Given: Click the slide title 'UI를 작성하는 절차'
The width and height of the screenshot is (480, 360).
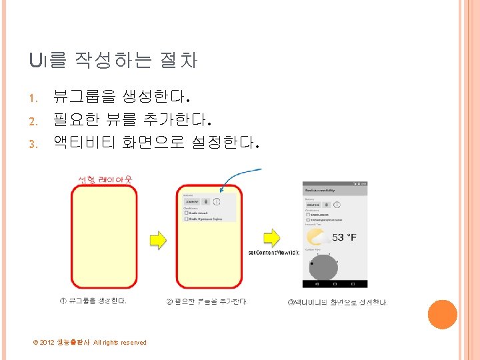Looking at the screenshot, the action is [x=113, y=61].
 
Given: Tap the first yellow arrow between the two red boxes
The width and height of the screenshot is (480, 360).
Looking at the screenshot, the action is [x=157, y=239].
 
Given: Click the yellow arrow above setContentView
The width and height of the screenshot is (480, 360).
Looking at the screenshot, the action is [x=271, y=237].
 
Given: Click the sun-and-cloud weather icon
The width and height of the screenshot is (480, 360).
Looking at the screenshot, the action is [x=315, y=237].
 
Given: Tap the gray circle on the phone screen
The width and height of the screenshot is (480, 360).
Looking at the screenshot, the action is [x=323, y=267].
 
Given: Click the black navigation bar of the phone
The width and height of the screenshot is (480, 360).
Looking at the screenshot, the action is [x=335, y=283].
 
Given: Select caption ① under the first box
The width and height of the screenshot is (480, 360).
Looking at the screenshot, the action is [x=93, y=301].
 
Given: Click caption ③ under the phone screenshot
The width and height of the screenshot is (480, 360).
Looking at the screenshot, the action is [x=337, y=302].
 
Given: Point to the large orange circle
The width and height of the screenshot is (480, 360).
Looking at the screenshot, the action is [x=442, y=314].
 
